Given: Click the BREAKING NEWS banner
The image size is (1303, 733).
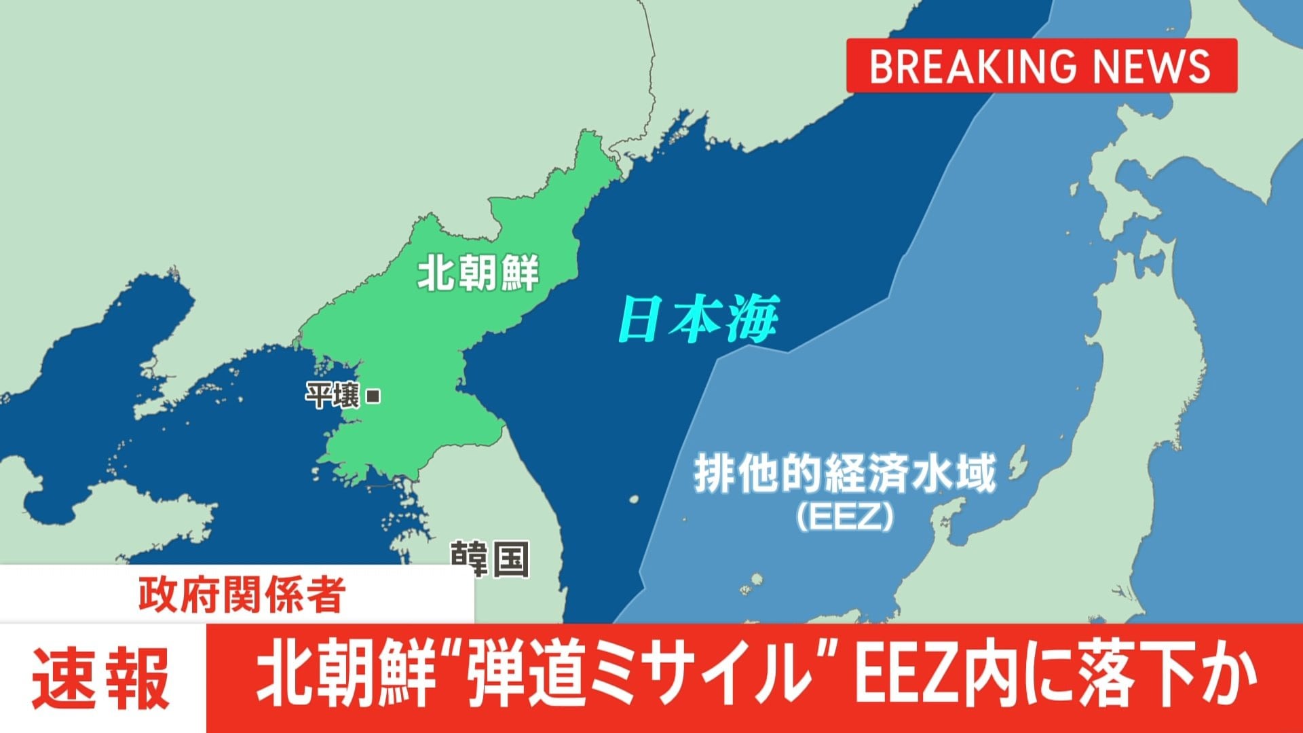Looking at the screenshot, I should pyautogui.click(x=1041, y=66).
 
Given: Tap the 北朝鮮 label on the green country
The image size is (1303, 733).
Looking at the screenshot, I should pyautogui.click(x=478, y=273).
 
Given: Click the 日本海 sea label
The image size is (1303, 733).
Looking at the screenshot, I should pyautogui.click(x=698, y=319).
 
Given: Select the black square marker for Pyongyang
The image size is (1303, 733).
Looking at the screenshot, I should pyautogui.click(x=373, y=396).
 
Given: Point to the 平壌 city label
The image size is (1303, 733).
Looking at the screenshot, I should pyautogui.click(x=333, y=396).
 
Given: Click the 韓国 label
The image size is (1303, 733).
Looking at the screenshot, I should pyautogui.click(x=489, y=559).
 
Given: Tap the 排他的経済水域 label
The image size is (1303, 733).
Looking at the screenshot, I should pyautogui.click(x=844, y=474).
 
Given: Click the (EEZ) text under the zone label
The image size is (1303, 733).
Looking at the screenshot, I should pyautogui.click(x=844, y=517).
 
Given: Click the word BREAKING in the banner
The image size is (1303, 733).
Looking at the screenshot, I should pyautogui.click(x=972, y=66).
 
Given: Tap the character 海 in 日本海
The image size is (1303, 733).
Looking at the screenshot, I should pyautogui.click(x=752, y=319).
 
